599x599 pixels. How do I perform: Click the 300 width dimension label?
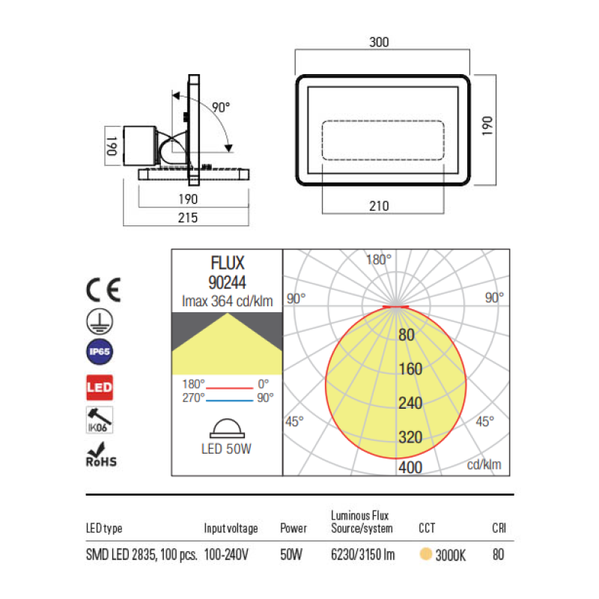tap(379, 42)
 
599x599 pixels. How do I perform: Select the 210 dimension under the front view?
tap(379, 206)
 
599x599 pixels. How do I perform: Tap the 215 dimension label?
tap(188, 218)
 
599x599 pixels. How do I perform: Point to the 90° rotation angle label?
tap(221, 107)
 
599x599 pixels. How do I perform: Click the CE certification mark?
tap(103, 290)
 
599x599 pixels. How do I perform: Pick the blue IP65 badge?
tap(100, 351)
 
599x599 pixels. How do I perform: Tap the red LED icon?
tap(100, 387)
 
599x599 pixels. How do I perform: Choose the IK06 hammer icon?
tap(100, 420)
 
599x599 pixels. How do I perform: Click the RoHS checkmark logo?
tap(101, 454)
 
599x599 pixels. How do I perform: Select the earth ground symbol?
tap(100, 321)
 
